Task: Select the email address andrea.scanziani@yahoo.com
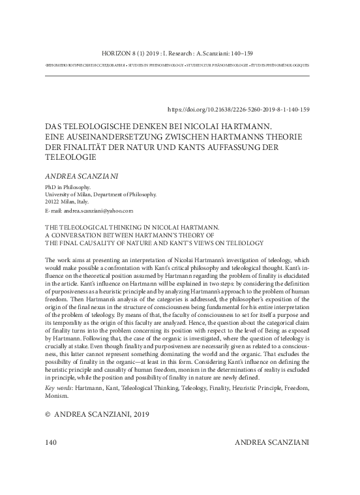pos(98,211)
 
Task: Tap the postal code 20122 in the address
pos(52,202)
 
